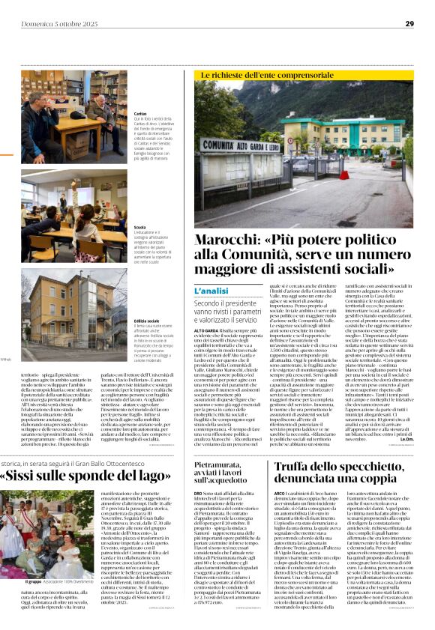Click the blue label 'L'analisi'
click(211, 291)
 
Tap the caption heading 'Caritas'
click(140, 113)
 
